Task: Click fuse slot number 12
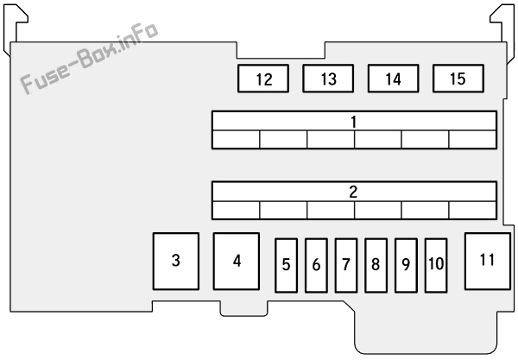(x=263, y=79)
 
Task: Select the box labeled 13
(x=328, y=79)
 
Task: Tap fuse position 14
(x=393, y=79)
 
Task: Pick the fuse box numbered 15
(x=458, y=79)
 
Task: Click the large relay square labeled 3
(x=176, y=262)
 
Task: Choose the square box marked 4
(x=237, y=262)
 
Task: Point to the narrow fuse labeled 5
(x=286, y=266)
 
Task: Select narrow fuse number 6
(x=316, y=266)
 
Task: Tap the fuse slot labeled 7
(x=346, y=266)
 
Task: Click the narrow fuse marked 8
(x=376, y=266)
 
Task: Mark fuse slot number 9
(x=406, y=266)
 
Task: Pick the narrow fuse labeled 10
(x=436, y=266)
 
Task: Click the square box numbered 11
(x=488, y=262)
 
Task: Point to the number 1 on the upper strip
(x=354, y=122)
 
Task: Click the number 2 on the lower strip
(x=353, y=192)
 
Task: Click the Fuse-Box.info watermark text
(x=89, y=59)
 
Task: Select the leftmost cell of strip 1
(x=236, y=139)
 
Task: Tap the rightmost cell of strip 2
(x=473, y=210)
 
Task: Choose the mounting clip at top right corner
(x=503, y=29)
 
